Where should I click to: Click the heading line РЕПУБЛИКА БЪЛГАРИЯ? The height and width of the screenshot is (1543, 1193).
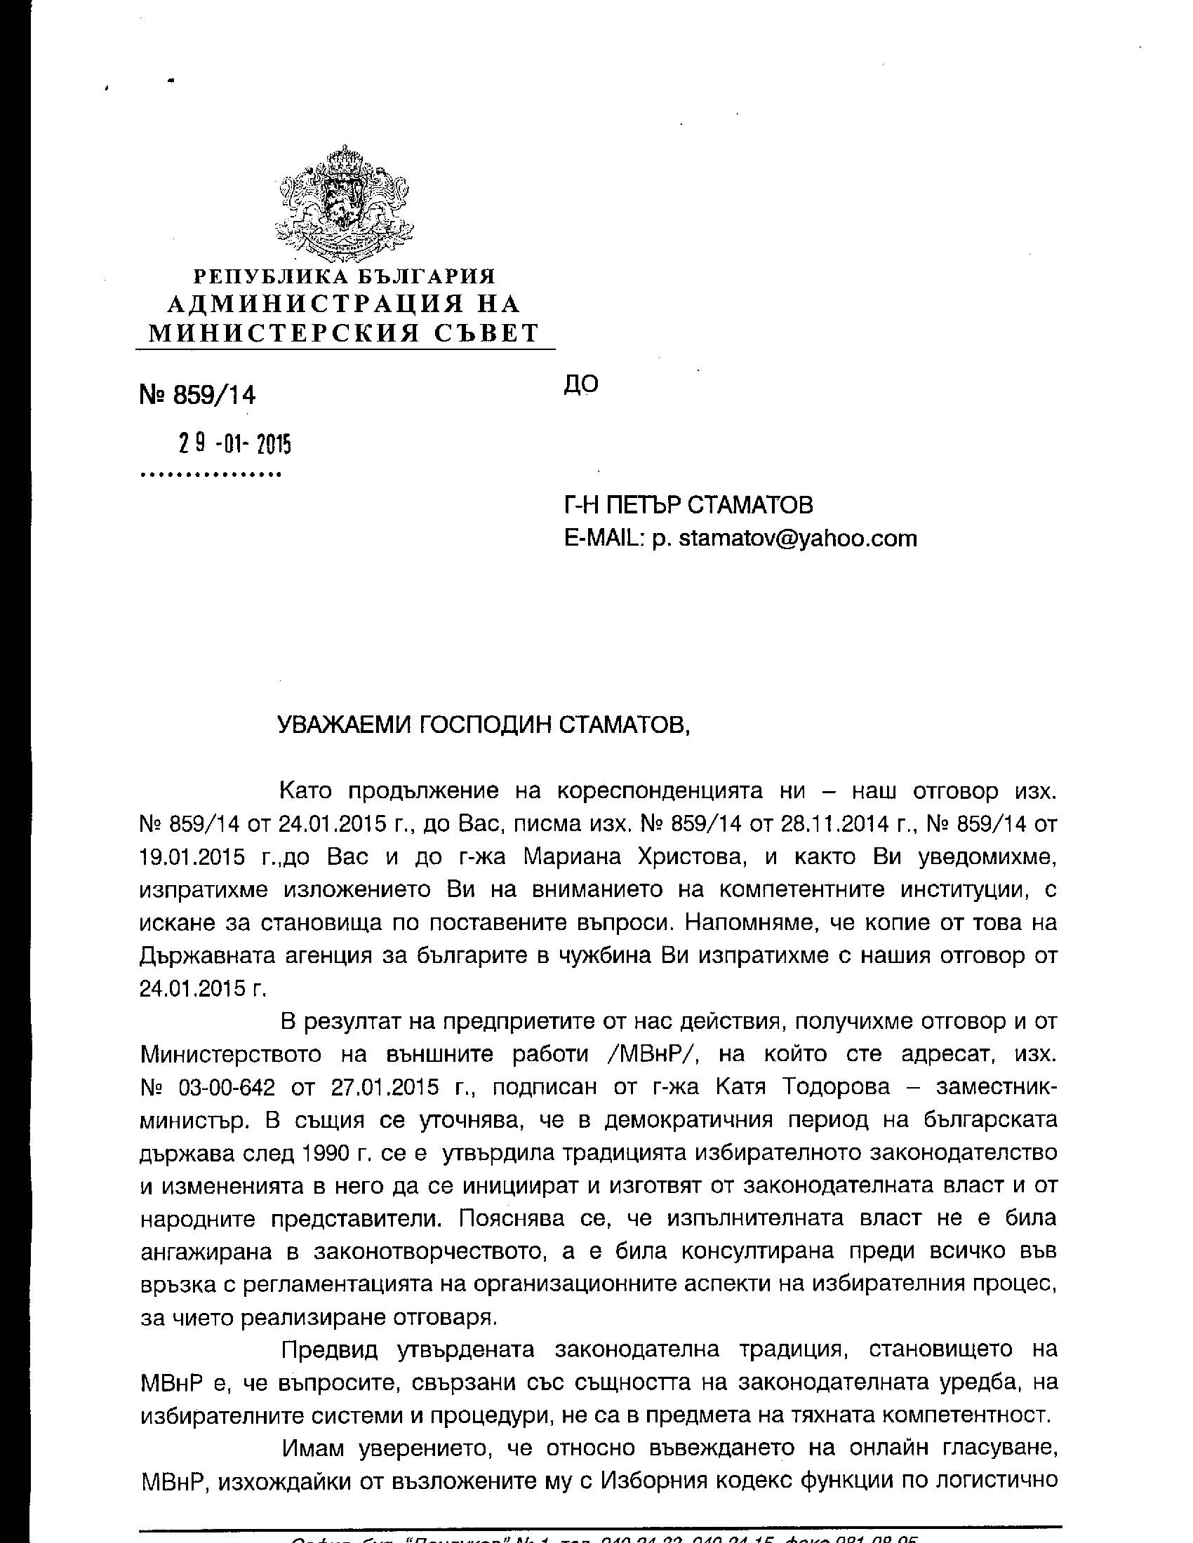(344, 276)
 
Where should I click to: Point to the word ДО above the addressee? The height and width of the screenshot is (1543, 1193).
(581, 384)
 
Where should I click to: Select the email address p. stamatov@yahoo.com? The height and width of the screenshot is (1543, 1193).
(785, 539)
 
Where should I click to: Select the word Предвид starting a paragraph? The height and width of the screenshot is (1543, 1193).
(330, 1349)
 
